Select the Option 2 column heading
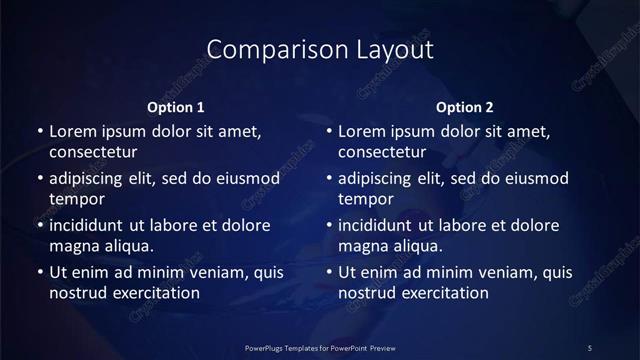click(x=465, y=107)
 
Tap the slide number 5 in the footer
click(x=590, y=347)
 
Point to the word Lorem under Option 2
click(x=362, y=131)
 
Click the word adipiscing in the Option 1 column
click(x=90, y=179)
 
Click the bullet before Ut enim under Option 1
click(x=38, y=272)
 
